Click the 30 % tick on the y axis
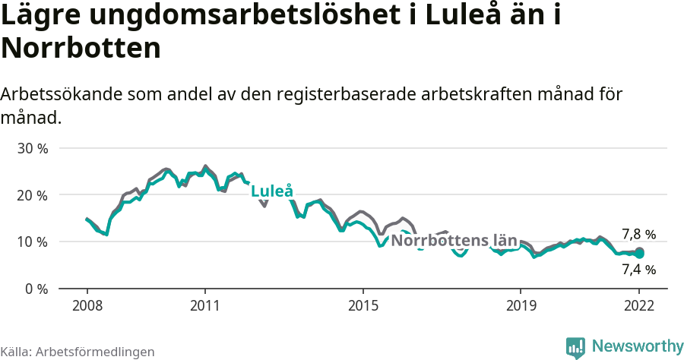click(x=33, y=148)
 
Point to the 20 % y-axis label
click(x=33, y=195)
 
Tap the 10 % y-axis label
click(x=33, y=242)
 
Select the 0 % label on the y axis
click(x=36, y=289)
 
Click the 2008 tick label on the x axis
click(x=87, y=305)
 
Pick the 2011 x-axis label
click(x=205, y=305)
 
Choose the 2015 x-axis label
click(x=363, y=305)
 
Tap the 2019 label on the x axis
click(x=520, y=305)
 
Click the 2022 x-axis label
click(x=639, y=305)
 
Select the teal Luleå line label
click(x=272, y=191)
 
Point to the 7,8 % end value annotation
click(x=638, y=235)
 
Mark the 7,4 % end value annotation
click(x=638, y=269)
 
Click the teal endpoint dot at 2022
click(x=639, y=254)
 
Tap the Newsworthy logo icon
click(x=575, y=347)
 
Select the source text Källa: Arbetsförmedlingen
click(x=78, y=352)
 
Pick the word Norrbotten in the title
click(x=81, y=49)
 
